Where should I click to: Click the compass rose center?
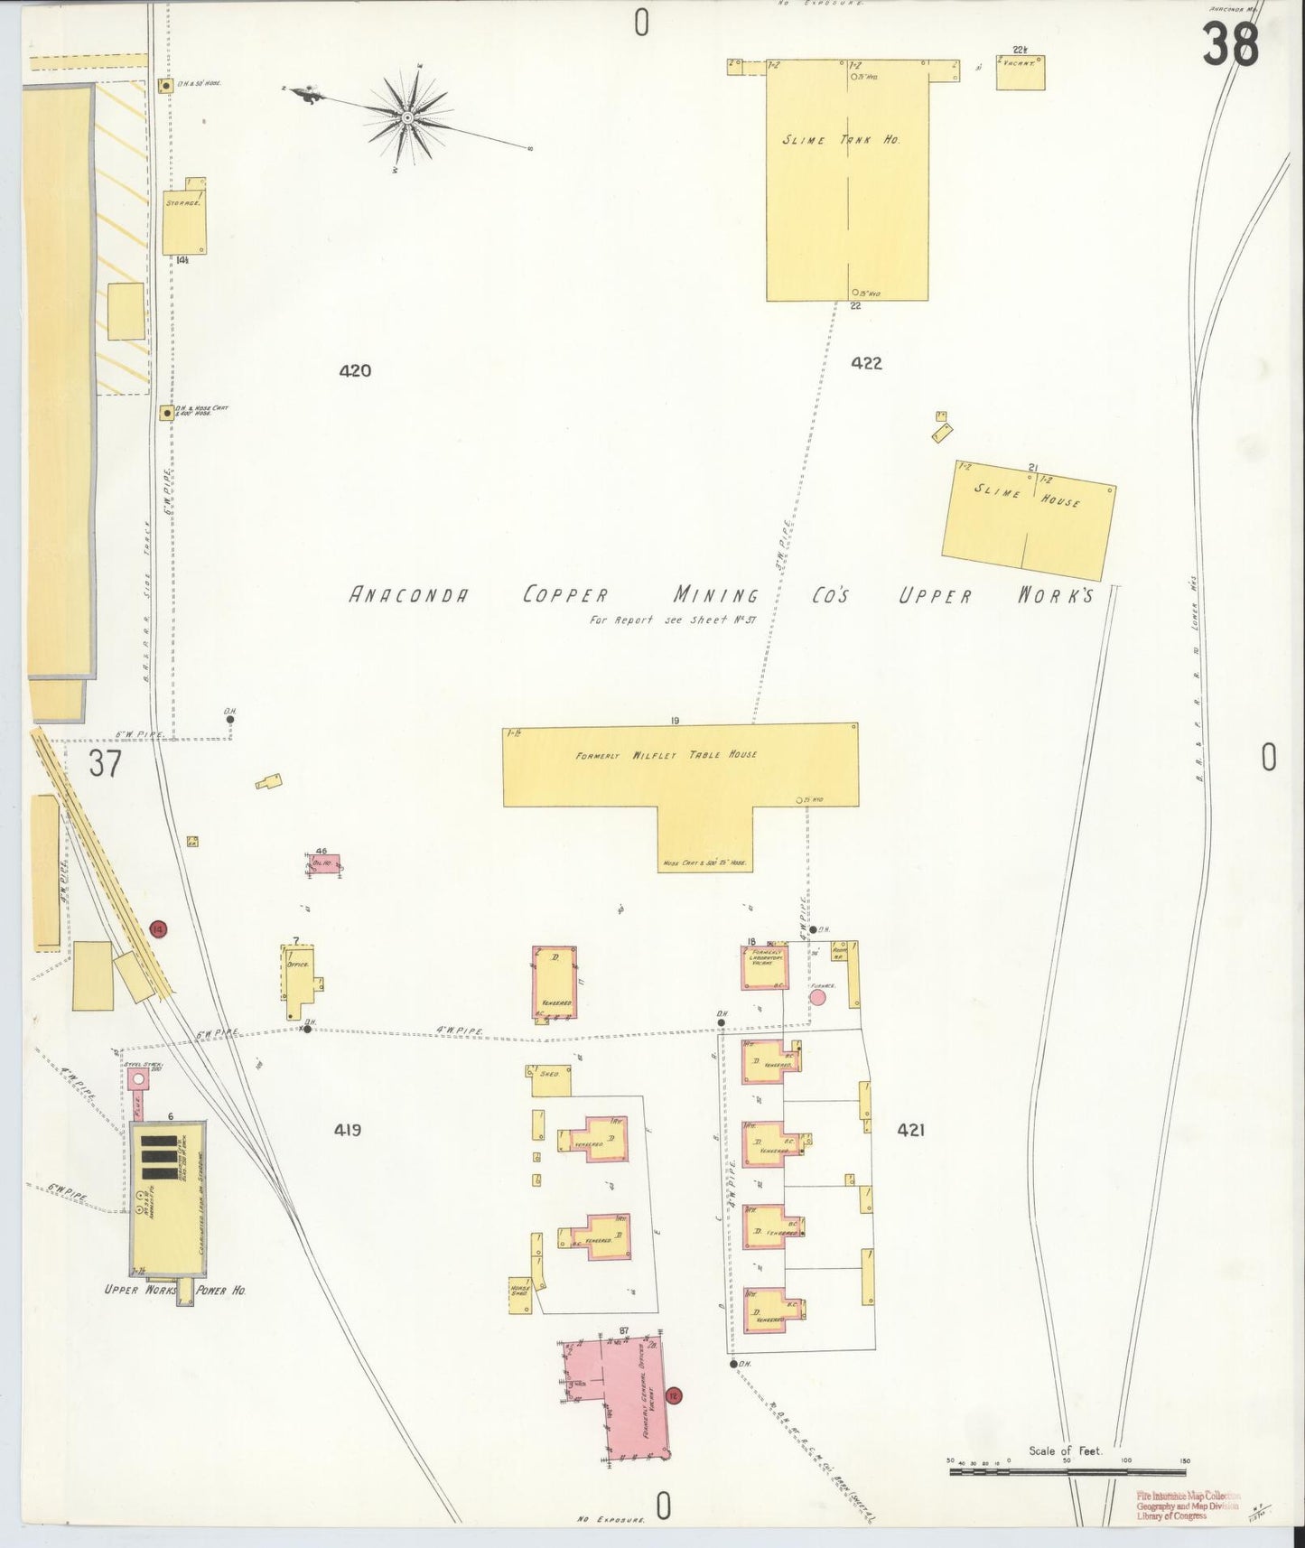tap(407, 117)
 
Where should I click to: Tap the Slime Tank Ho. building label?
tap(841, 140)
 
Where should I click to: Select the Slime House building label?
tap(1026, 495)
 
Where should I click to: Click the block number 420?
tap(355, 370)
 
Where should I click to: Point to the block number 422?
tap(865, 363)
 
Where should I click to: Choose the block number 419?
tap(347, 1129)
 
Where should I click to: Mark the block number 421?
tap(910, 1129)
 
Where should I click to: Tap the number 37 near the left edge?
tap(104, 764)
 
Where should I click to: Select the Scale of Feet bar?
tap(1067, 1471)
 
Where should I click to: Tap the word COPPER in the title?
tap(565, 595)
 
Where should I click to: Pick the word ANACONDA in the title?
tap(409, 595)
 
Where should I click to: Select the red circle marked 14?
tap(159, 928)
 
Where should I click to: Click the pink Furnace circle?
tap(818, 997)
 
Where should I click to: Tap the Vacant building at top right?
tap(1021, 72)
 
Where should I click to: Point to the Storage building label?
tap(183, 204)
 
